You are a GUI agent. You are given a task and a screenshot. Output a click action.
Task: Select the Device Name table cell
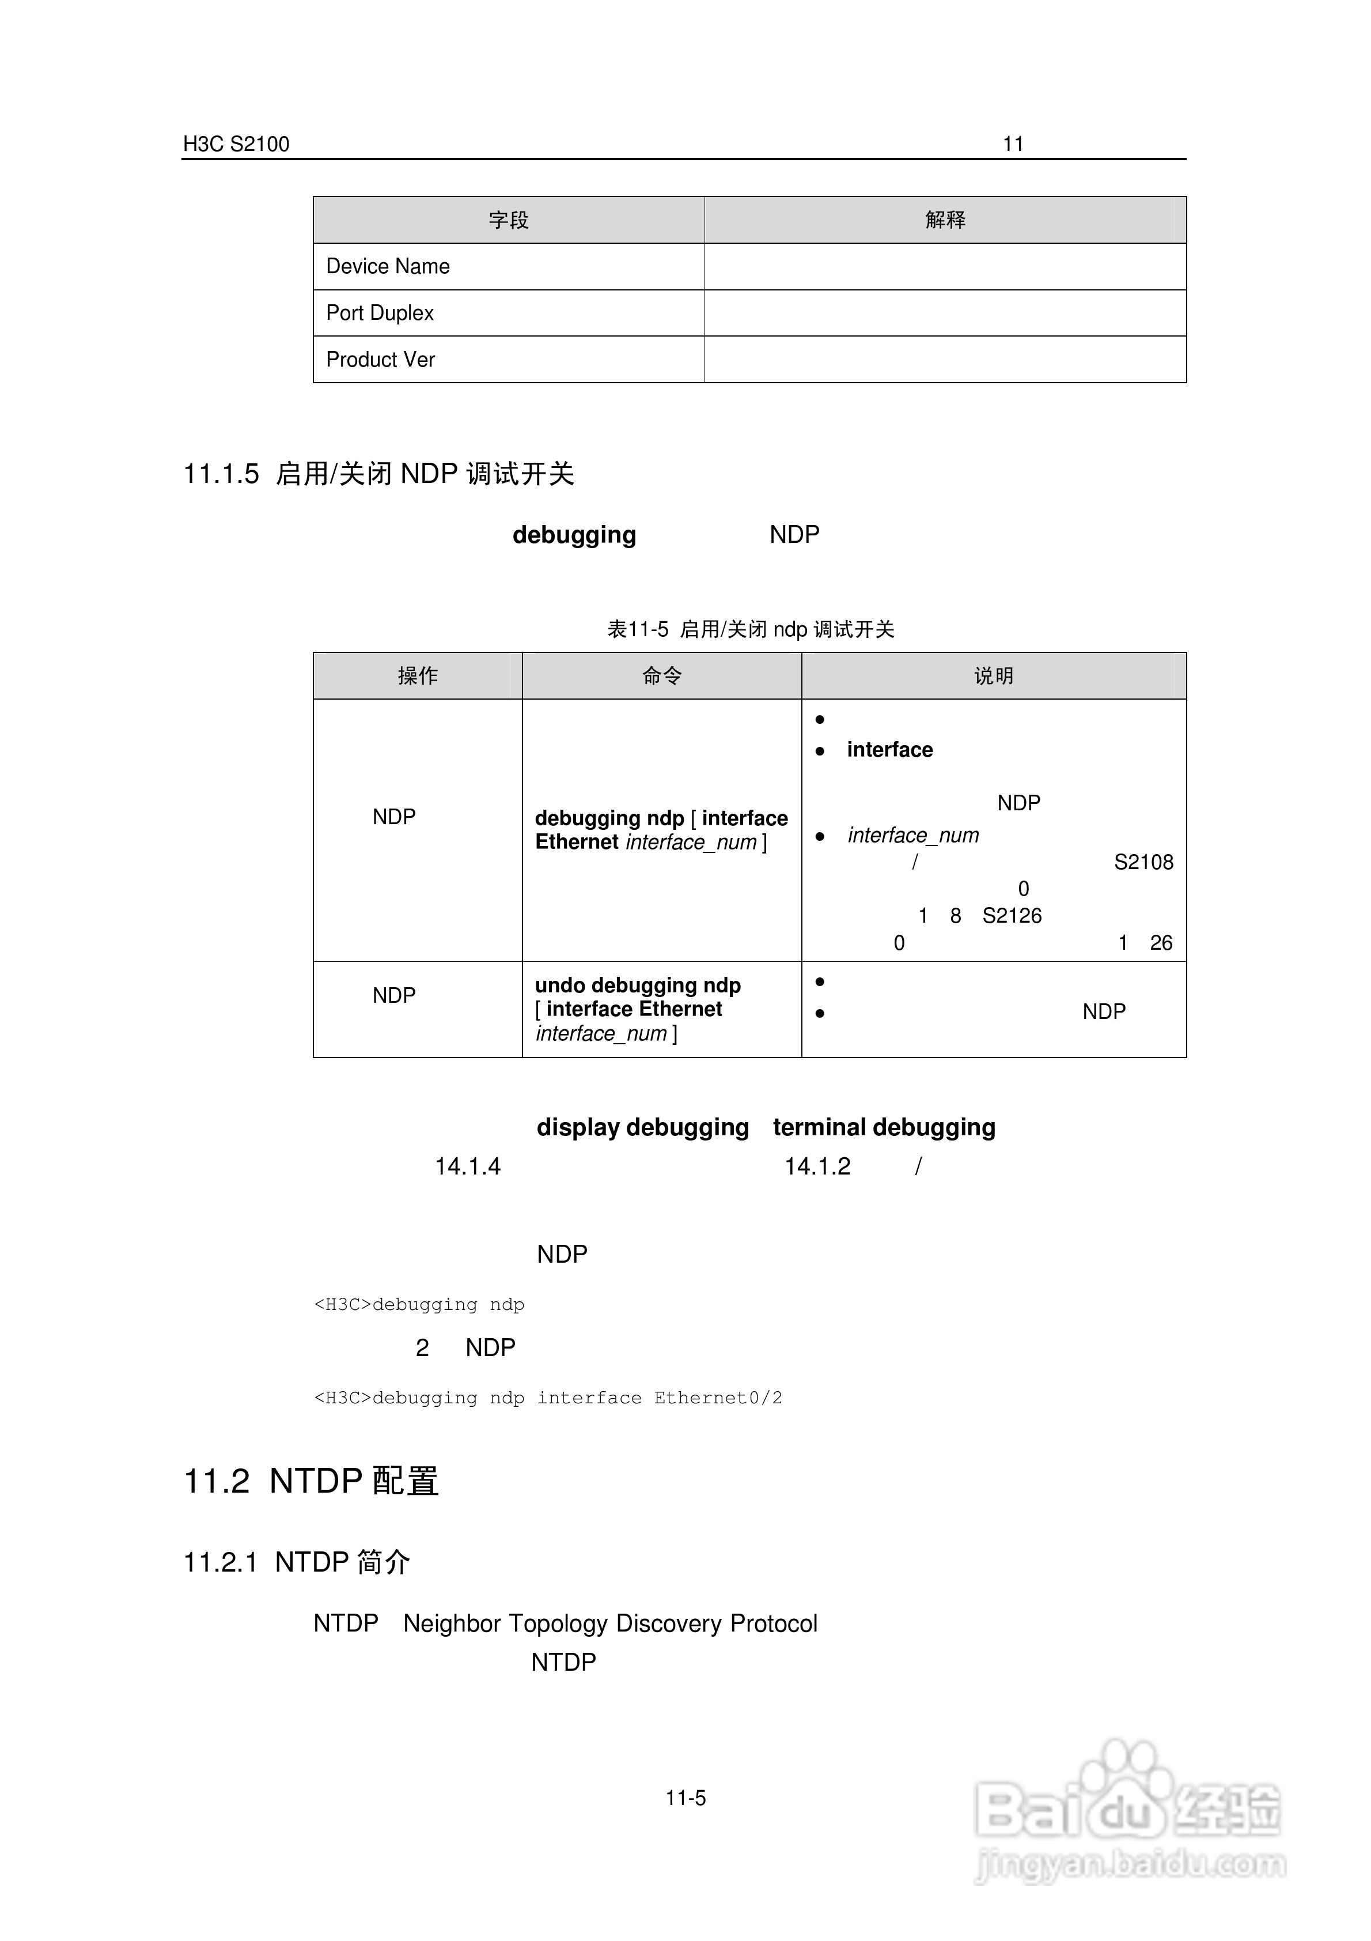[388, 266]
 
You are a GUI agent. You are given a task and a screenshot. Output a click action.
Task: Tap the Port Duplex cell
[380, 313]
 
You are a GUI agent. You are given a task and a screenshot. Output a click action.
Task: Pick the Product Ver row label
[380, 359]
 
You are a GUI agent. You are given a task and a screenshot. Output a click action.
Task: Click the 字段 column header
[508, 220]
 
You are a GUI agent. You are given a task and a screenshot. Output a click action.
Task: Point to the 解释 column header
[945, 220]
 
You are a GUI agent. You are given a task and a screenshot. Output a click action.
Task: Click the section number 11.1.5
[221, 473]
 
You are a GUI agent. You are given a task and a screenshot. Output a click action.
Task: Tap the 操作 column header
[418, 675]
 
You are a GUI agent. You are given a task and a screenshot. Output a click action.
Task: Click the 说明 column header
[993, 675]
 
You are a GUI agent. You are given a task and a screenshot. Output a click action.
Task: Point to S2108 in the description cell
[1143, 862]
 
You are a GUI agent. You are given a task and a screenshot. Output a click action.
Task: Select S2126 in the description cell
[1012, 916]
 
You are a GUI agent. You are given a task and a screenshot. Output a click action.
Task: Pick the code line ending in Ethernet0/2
[548, 1398]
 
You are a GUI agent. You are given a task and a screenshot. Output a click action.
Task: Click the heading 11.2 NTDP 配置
[311, 1481]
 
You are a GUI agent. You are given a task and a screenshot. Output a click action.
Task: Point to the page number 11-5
[685, 1798]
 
